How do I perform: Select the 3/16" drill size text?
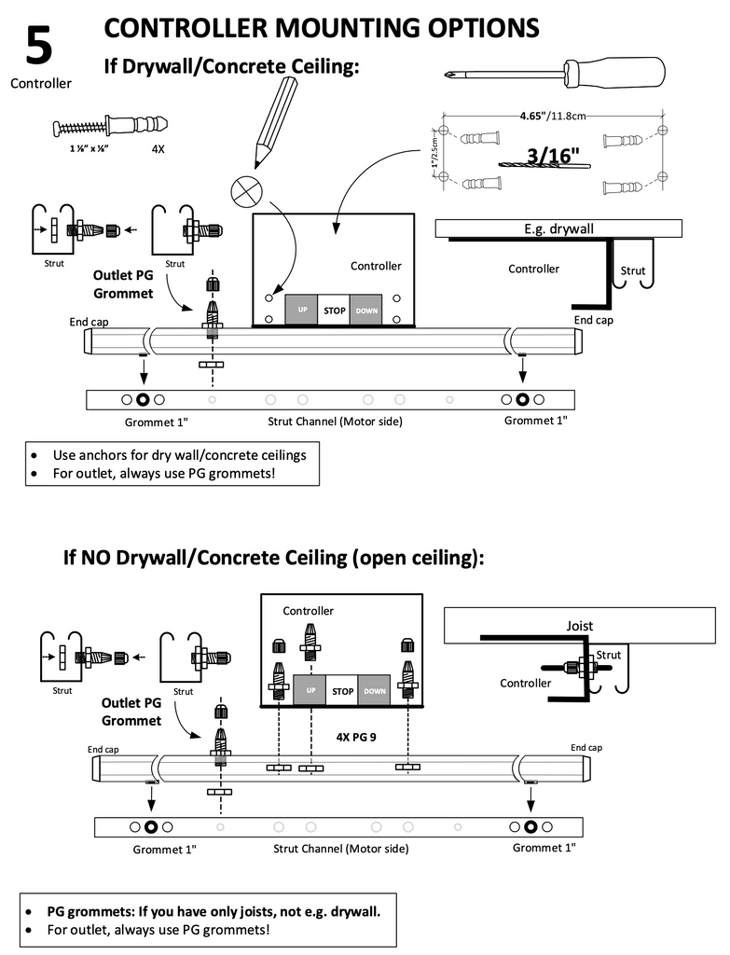pos(553,155)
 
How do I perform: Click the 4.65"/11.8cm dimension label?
pos(553,116)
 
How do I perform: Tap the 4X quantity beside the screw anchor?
pos(158,148)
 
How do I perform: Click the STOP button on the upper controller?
pos(334,310)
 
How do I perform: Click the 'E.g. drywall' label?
pos(559,228)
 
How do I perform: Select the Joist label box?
pos(579,626)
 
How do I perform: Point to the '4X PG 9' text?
pos(358,736)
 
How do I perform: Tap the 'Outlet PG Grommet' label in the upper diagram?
pos(122,284)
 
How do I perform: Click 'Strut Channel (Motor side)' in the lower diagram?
pos(340,849)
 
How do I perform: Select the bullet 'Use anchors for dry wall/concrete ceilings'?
pos(179,455)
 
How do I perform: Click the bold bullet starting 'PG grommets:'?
pos(213,910)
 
